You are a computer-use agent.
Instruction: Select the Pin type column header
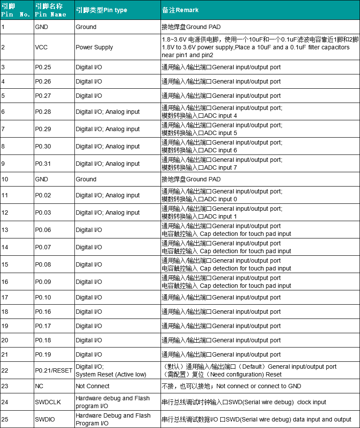(101, 10)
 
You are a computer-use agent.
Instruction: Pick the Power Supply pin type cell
(94, 47)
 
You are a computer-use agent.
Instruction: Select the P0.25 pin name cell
(43, 67)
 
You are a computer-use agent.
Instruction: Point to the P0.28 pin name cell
(43, 112)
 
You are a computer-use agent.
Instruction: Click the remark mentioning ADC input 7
(222, 164)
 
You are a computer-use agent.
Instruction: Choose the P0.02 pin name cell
(43, 195)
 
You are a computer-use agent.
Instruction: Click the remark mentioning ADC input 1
(222, 212)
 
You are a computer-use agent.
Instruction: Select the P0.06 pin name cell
(43, 230)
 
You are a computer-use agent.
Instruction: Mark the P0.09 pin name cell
(43, 282)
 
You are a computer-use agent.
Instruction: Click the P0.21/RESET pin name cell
(54, 370)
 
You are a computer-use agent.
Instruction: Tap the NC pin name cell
(39, 386)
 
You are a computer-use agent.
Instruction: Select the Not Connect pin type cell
(93, 386)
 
